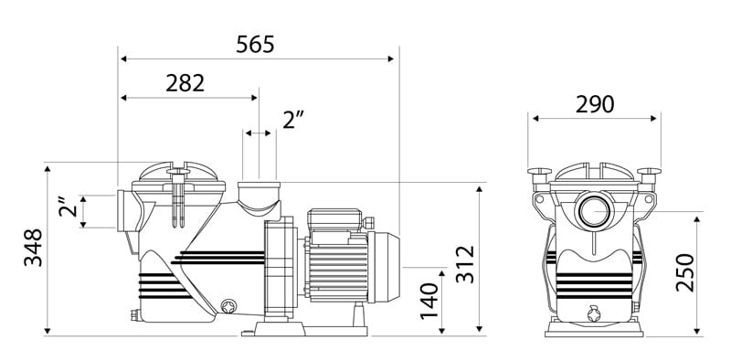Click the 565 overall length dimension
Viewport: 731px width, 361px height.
click(255, 45)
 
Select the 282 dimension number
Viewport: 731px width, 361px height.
click(185, 83)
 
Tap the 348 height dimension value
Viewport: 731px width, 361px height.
click(33, 247)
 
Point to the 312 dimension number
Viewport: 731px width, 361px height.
click(465, 264)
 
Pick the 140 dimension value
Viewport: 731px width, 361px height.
click(429, 301)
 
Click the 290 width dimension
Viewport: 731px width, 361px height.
click(595, 104)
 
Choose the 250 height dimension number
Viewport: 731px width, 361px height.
click(684, 272)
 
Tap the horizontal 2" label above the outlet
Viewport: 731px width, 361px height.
click(293, 121)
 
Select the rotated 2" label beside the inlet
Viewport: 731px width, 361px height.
click(68, 207)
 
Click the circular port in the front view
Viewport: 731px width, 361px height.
click(594, 211)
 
